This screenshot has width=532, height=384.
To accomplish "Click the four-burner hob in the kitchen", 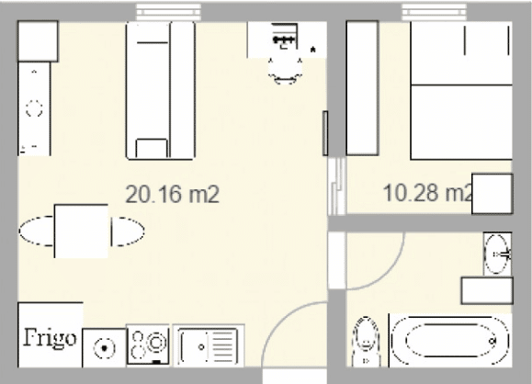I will pyautogui.click(x=148, y=347).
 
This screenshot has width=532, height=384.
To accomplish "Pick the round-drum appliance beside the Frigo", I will pyautogui.click(x=104, y=349).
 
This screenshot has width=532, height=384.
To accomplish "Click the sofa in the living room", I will pyautogui.click(x=160, y=87).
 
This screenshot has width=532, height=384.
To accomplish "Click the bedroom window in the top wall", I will pyautogui.click(x=432, y=11).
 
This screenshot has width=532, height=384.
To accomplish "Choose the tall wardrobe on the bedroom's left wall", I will pyautogui.click(x=361, y=87).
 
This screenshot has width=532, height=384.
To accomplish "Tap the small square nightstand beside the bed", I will pyautogui.click(x=492, y=193).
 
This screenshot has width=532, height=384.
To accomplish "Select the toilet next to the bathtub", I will pyautogui.click(x=366, y=344).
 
